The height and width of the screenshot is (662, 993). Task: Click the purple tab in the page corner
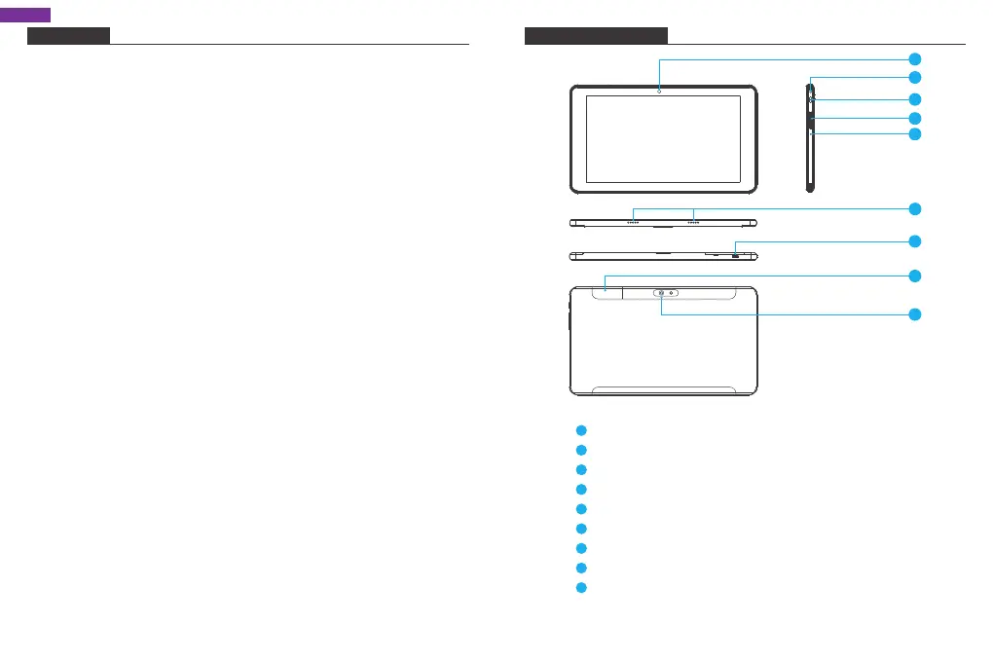pyautogui.click(x=25, y=15)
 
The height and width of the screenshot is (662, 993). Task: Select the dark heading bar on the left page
pyautogui.click(x=68, y=36)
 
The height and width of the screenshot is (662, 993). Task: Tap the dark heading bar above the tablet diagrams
pyautogui.click(x=596, y=36)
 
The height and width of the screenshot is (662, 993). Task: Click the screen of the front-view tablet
pyautogui.click(x=663, y=139)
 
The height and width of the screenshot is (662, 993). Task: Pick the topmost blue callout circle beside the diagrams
pyautogui.click(x=914, y=58)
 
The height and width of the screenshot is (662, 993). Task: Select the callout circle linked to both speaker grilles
pyautogui.click(x=914, y=208)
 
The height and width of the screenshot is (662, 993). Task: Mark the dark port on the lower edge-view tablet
pyautogui.click(x=735, y=254)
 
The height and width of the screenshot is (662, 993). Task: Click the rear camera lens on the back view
pyautogui.click(x=661, y=292)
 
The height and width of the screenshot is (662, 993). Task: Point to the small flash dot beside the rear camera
pyautogui.click(x=672, y=292)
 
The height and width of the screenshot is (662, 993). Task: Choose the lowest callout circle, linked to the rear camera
pyautogui.click(x=914, y=314)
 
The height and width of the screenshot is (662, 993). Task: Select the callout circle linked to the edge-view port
pyautogui.click(x=914, y=240)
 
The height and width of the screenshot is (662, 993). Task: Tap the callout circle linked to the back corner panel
pyautogui.click(x=914, y=276)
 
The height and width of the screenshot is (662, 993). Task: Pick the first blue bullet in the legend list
pyautogui.click(x=580, y=430)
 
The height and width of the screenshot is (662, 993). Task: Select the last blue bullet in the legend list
pyautogui.click(x=580, y=588)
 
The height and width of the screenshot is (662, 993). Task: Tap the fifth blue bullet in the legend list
pyautogui.click(x=580, y=509)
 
